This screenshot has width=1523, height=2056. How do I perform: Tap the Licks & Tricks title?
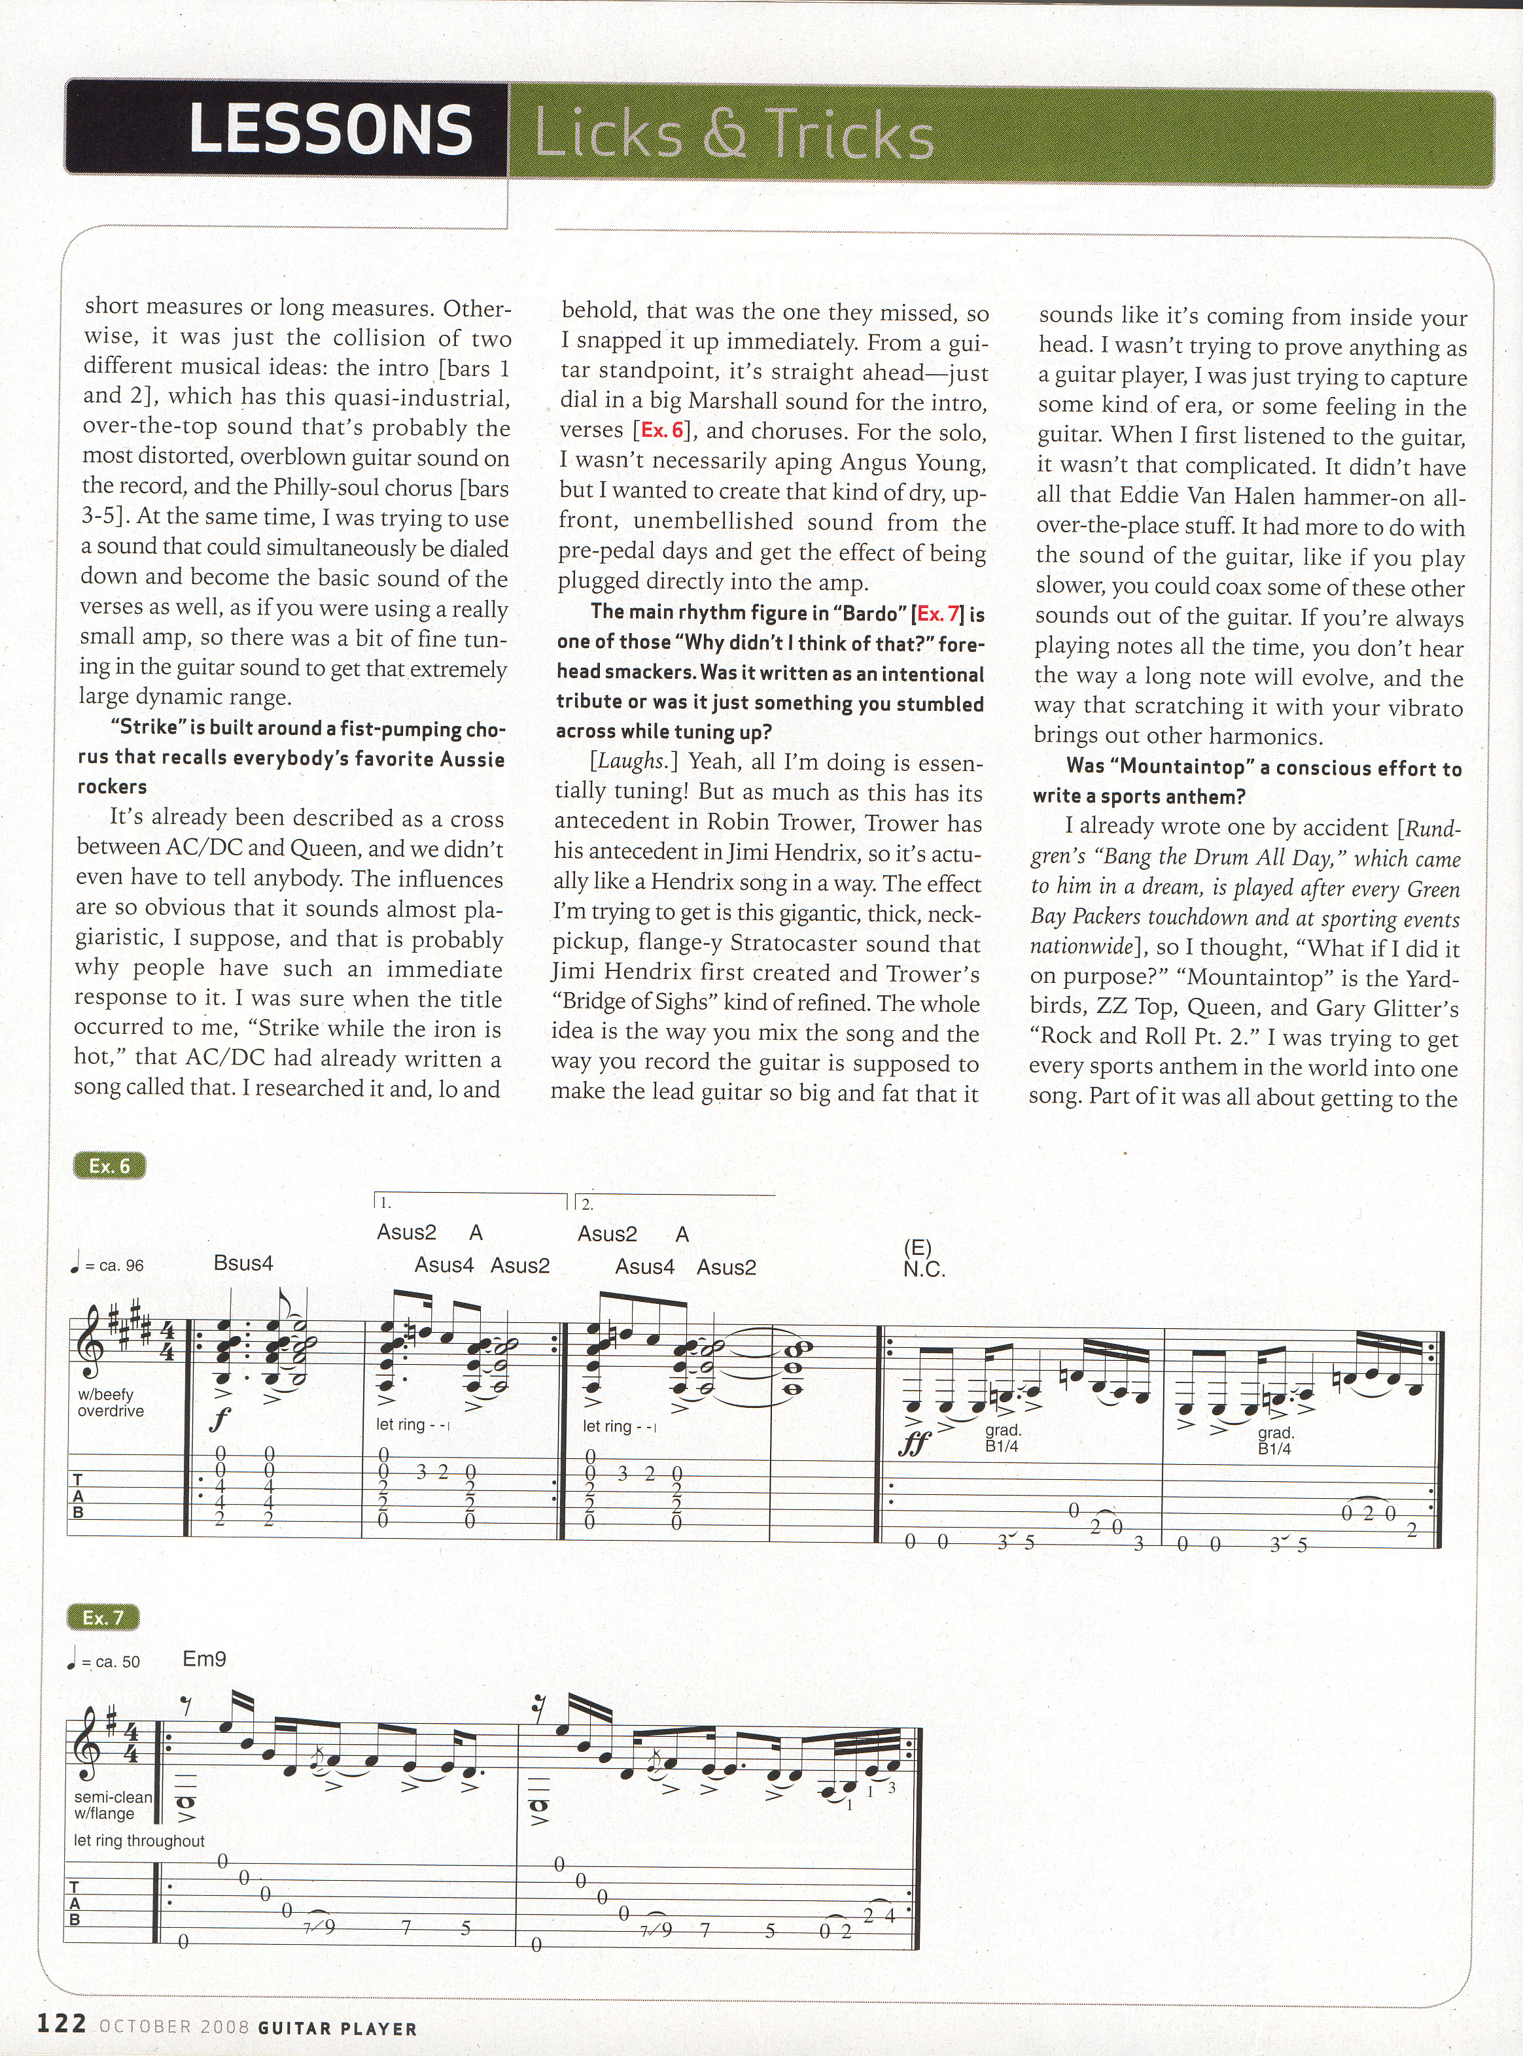(x=734, y=133)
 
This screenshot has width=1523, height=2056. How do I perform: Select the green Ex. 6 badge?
(x=109, y=1167)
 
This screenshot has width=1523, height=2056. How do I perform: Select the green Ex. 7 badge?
(x=102, y=1617)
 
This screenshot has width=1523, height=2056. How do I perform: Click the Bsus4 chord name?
(x=243, y=1263)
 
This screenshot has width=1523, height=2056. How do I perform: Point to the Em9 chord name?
(x=205, y=1659)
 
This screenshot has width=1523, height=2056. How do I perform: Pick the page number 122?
(x=61, y=2024)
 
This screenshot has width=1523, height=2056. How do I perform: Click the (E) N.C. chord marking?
(x=924, y=1259)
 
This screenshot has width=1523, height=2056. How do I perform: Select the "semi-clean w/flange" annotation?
(x=113, y=1806)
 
